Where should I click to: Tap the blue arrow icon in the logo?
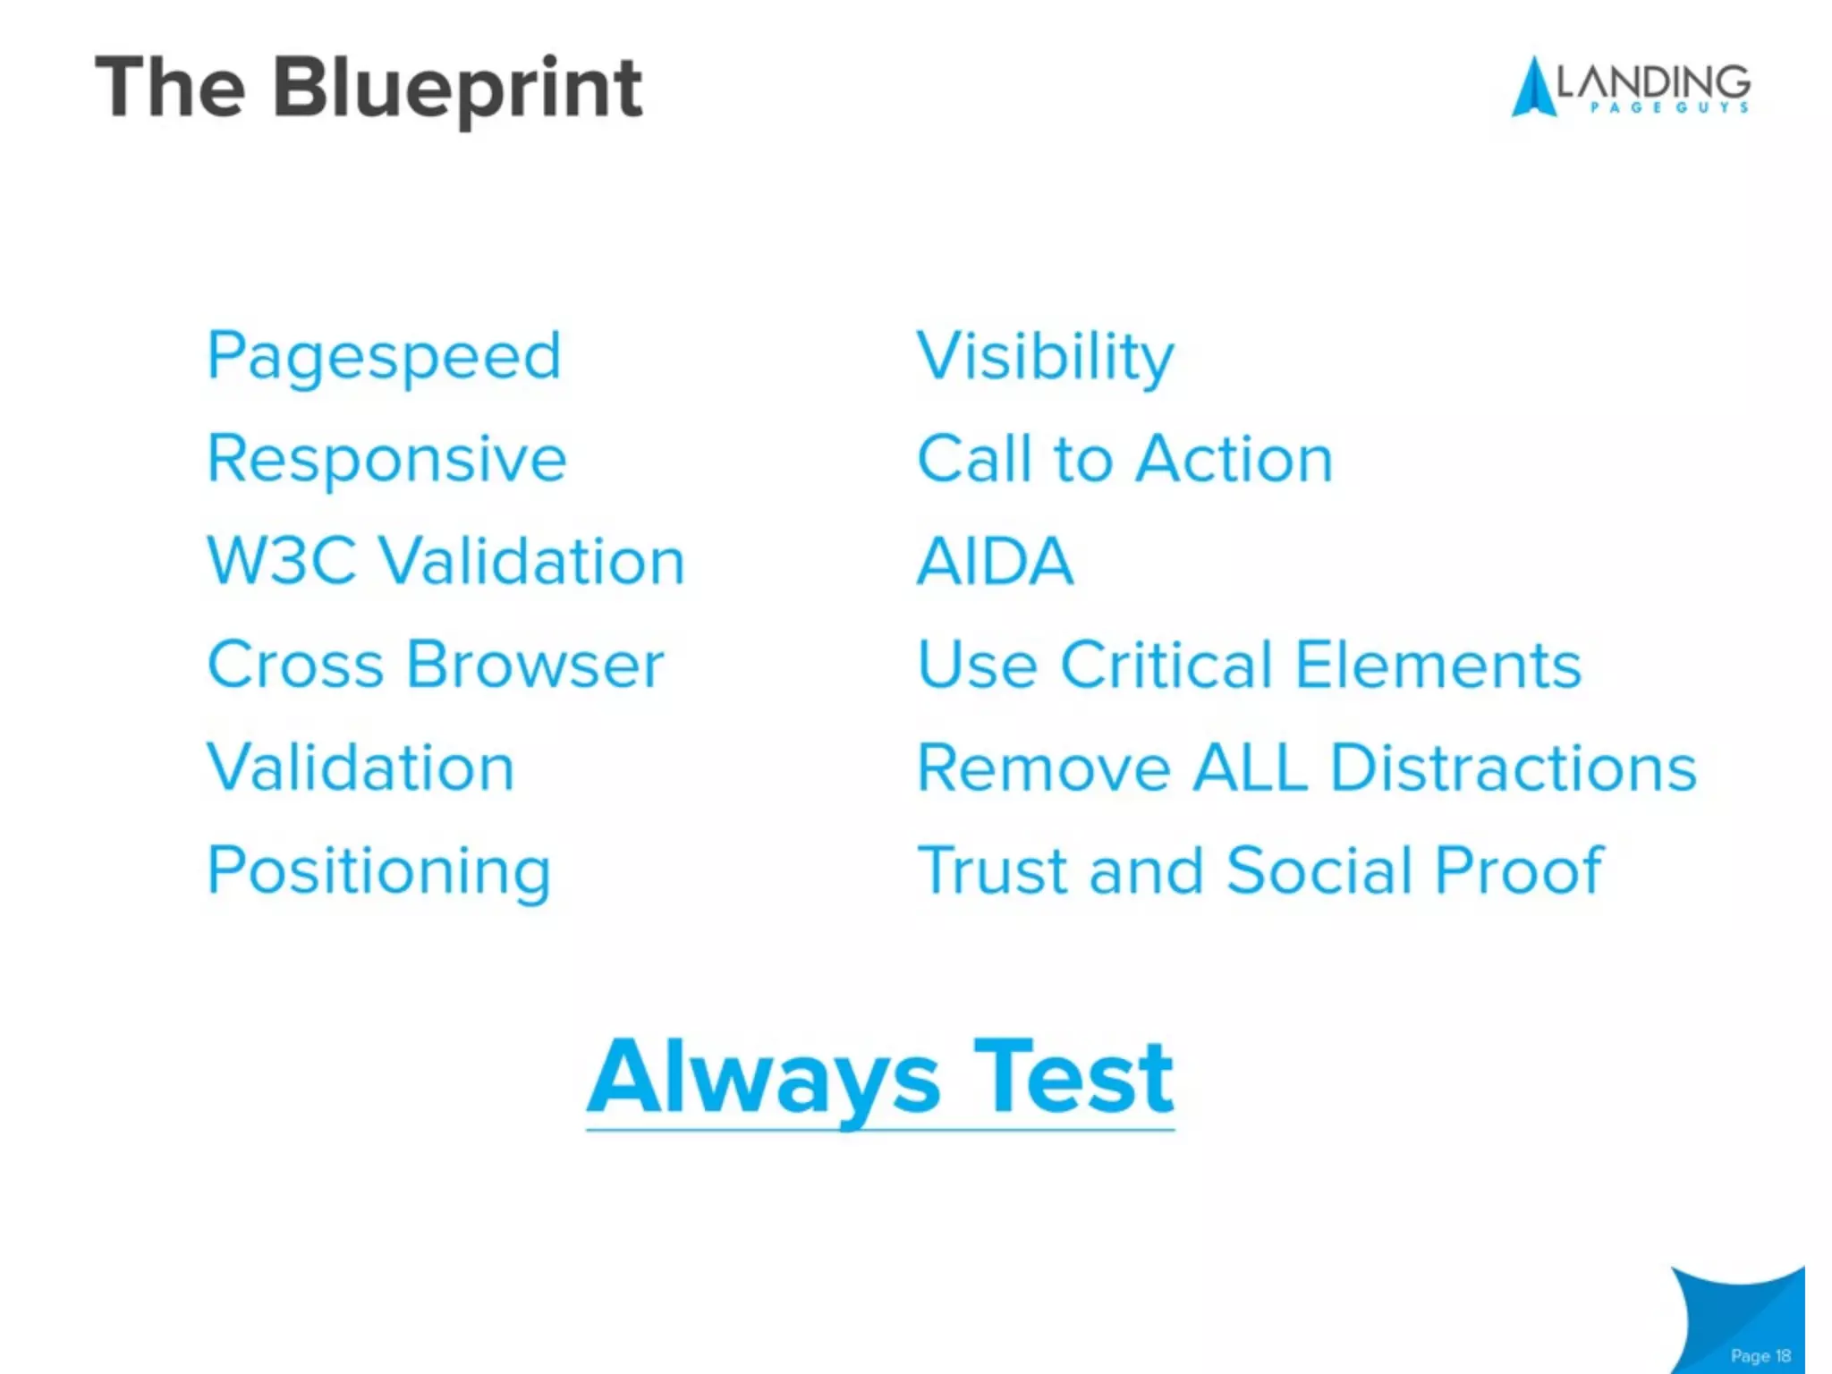tap(1532, 89)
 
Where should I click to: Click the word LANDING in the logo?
tap(1653, 82)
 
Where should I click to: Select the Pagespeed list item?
tap(384, 356)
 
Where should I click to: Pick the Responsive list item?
tap(386, 459)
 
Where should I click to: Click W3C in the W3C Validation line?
tap(281, 562)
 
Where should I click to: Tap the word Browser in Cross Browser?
tap(535, 665)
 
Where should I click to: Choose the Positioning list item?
tap(378, 870)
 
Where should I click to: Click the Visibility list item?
tap(1045, 356)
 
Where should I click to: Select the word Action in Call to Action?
tap(1234, 459)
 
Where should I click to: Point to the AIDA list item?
tap(995, 562)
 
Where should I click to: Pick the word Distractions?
tap(1513, 768)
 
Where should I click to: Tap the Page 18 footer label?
tap(1760, 1355)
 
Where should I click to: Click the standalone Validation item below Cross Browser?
tap(360, 768)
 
